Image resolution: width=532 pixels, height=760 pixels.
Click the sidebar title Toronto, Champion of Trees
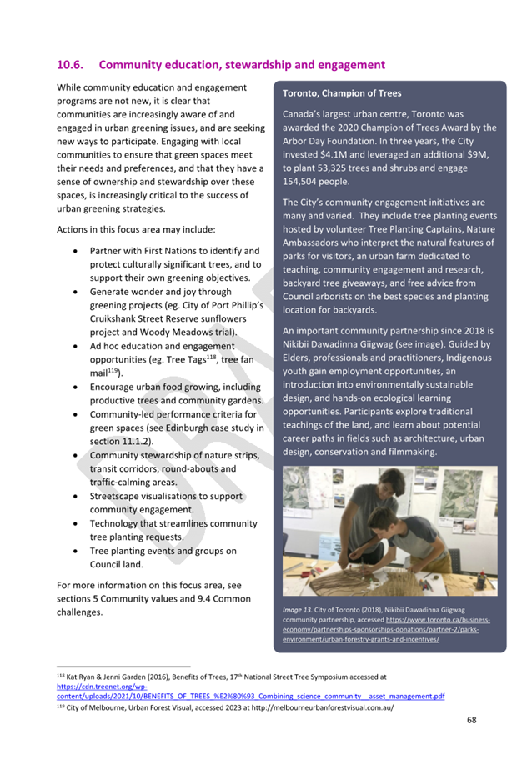[x=342, y=93]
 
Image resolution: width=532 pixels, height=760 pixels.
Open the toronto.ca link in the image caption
[x=389, y=630]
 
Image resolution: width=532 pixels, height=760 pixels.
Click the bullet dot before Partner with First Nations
[x=78, y=251]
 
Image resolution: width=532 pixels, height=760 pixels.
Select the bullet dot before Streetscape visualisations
[x=78, y=496]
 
